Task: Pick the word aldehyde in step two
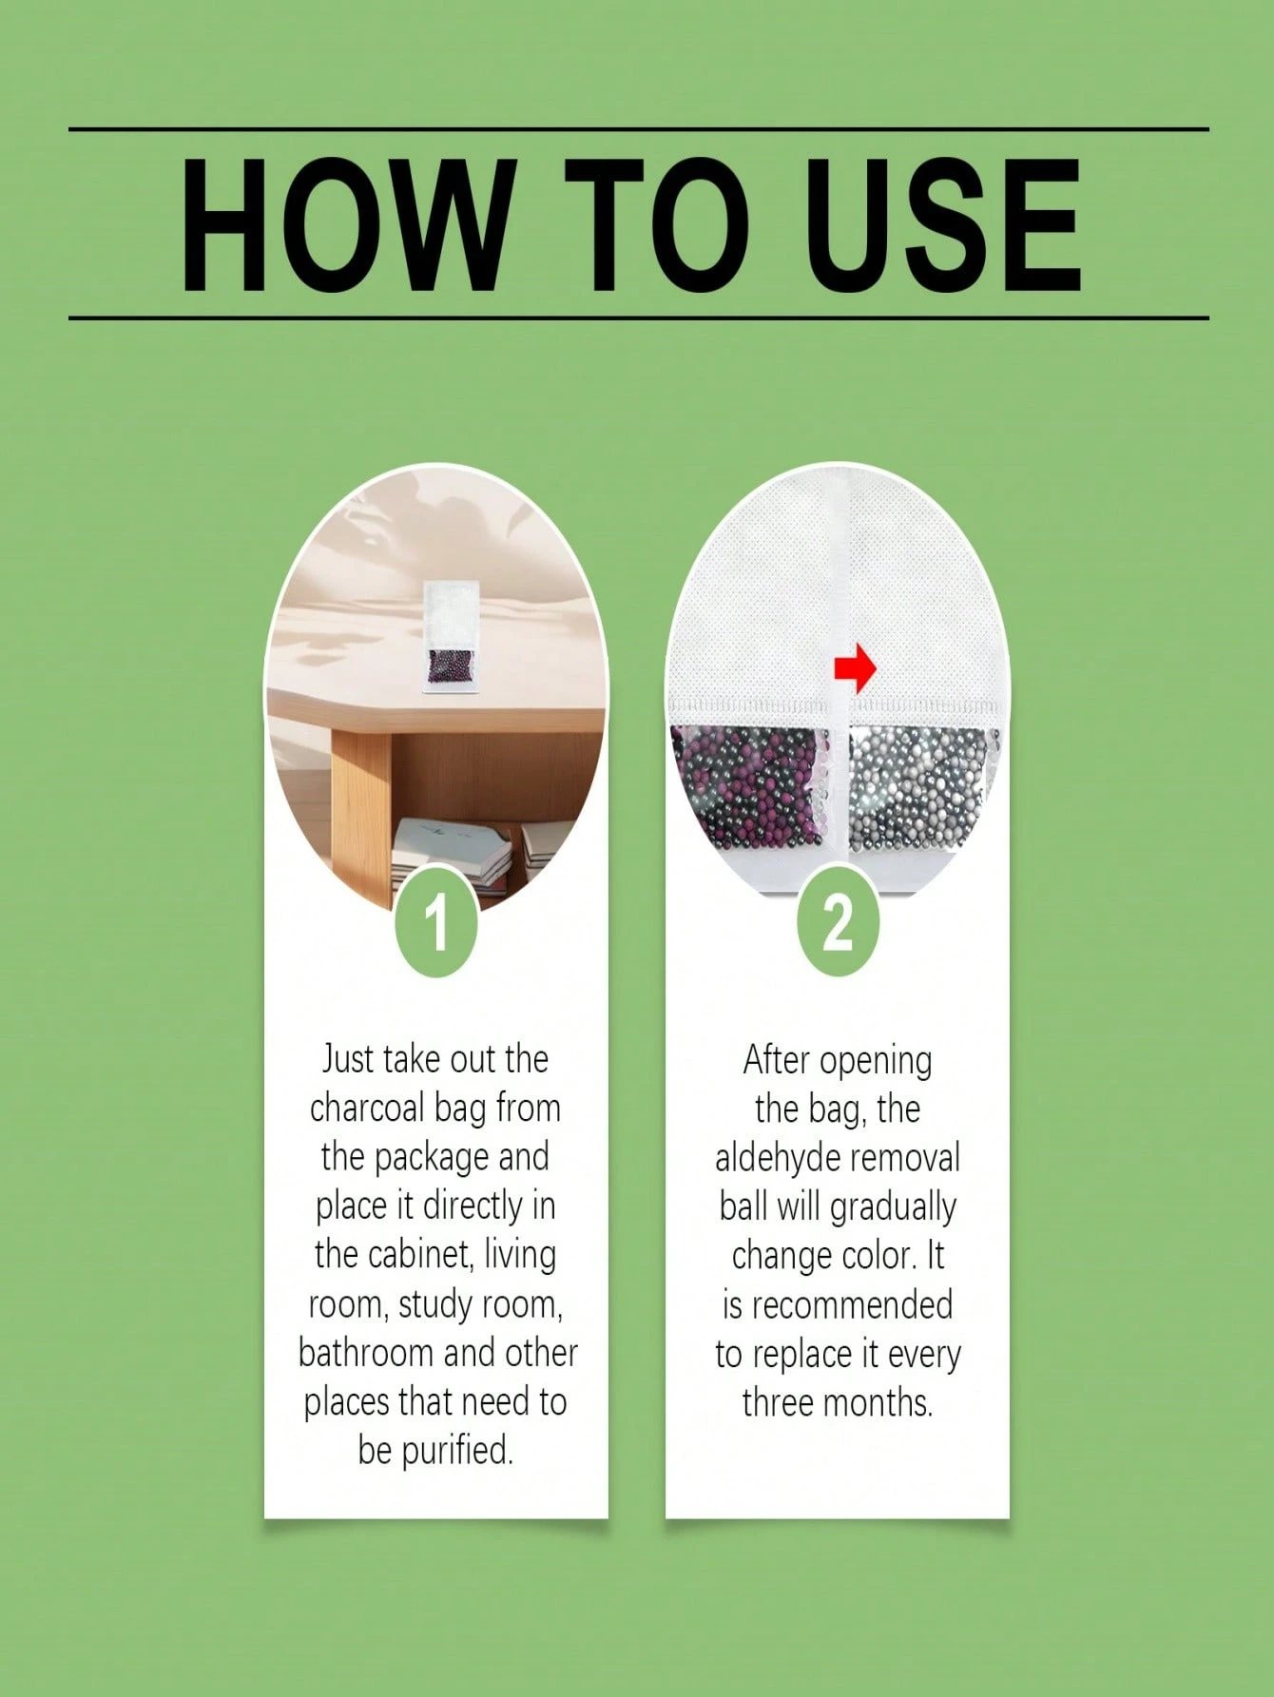(774, 1158)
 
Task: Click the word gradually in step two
(893, 1207)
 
